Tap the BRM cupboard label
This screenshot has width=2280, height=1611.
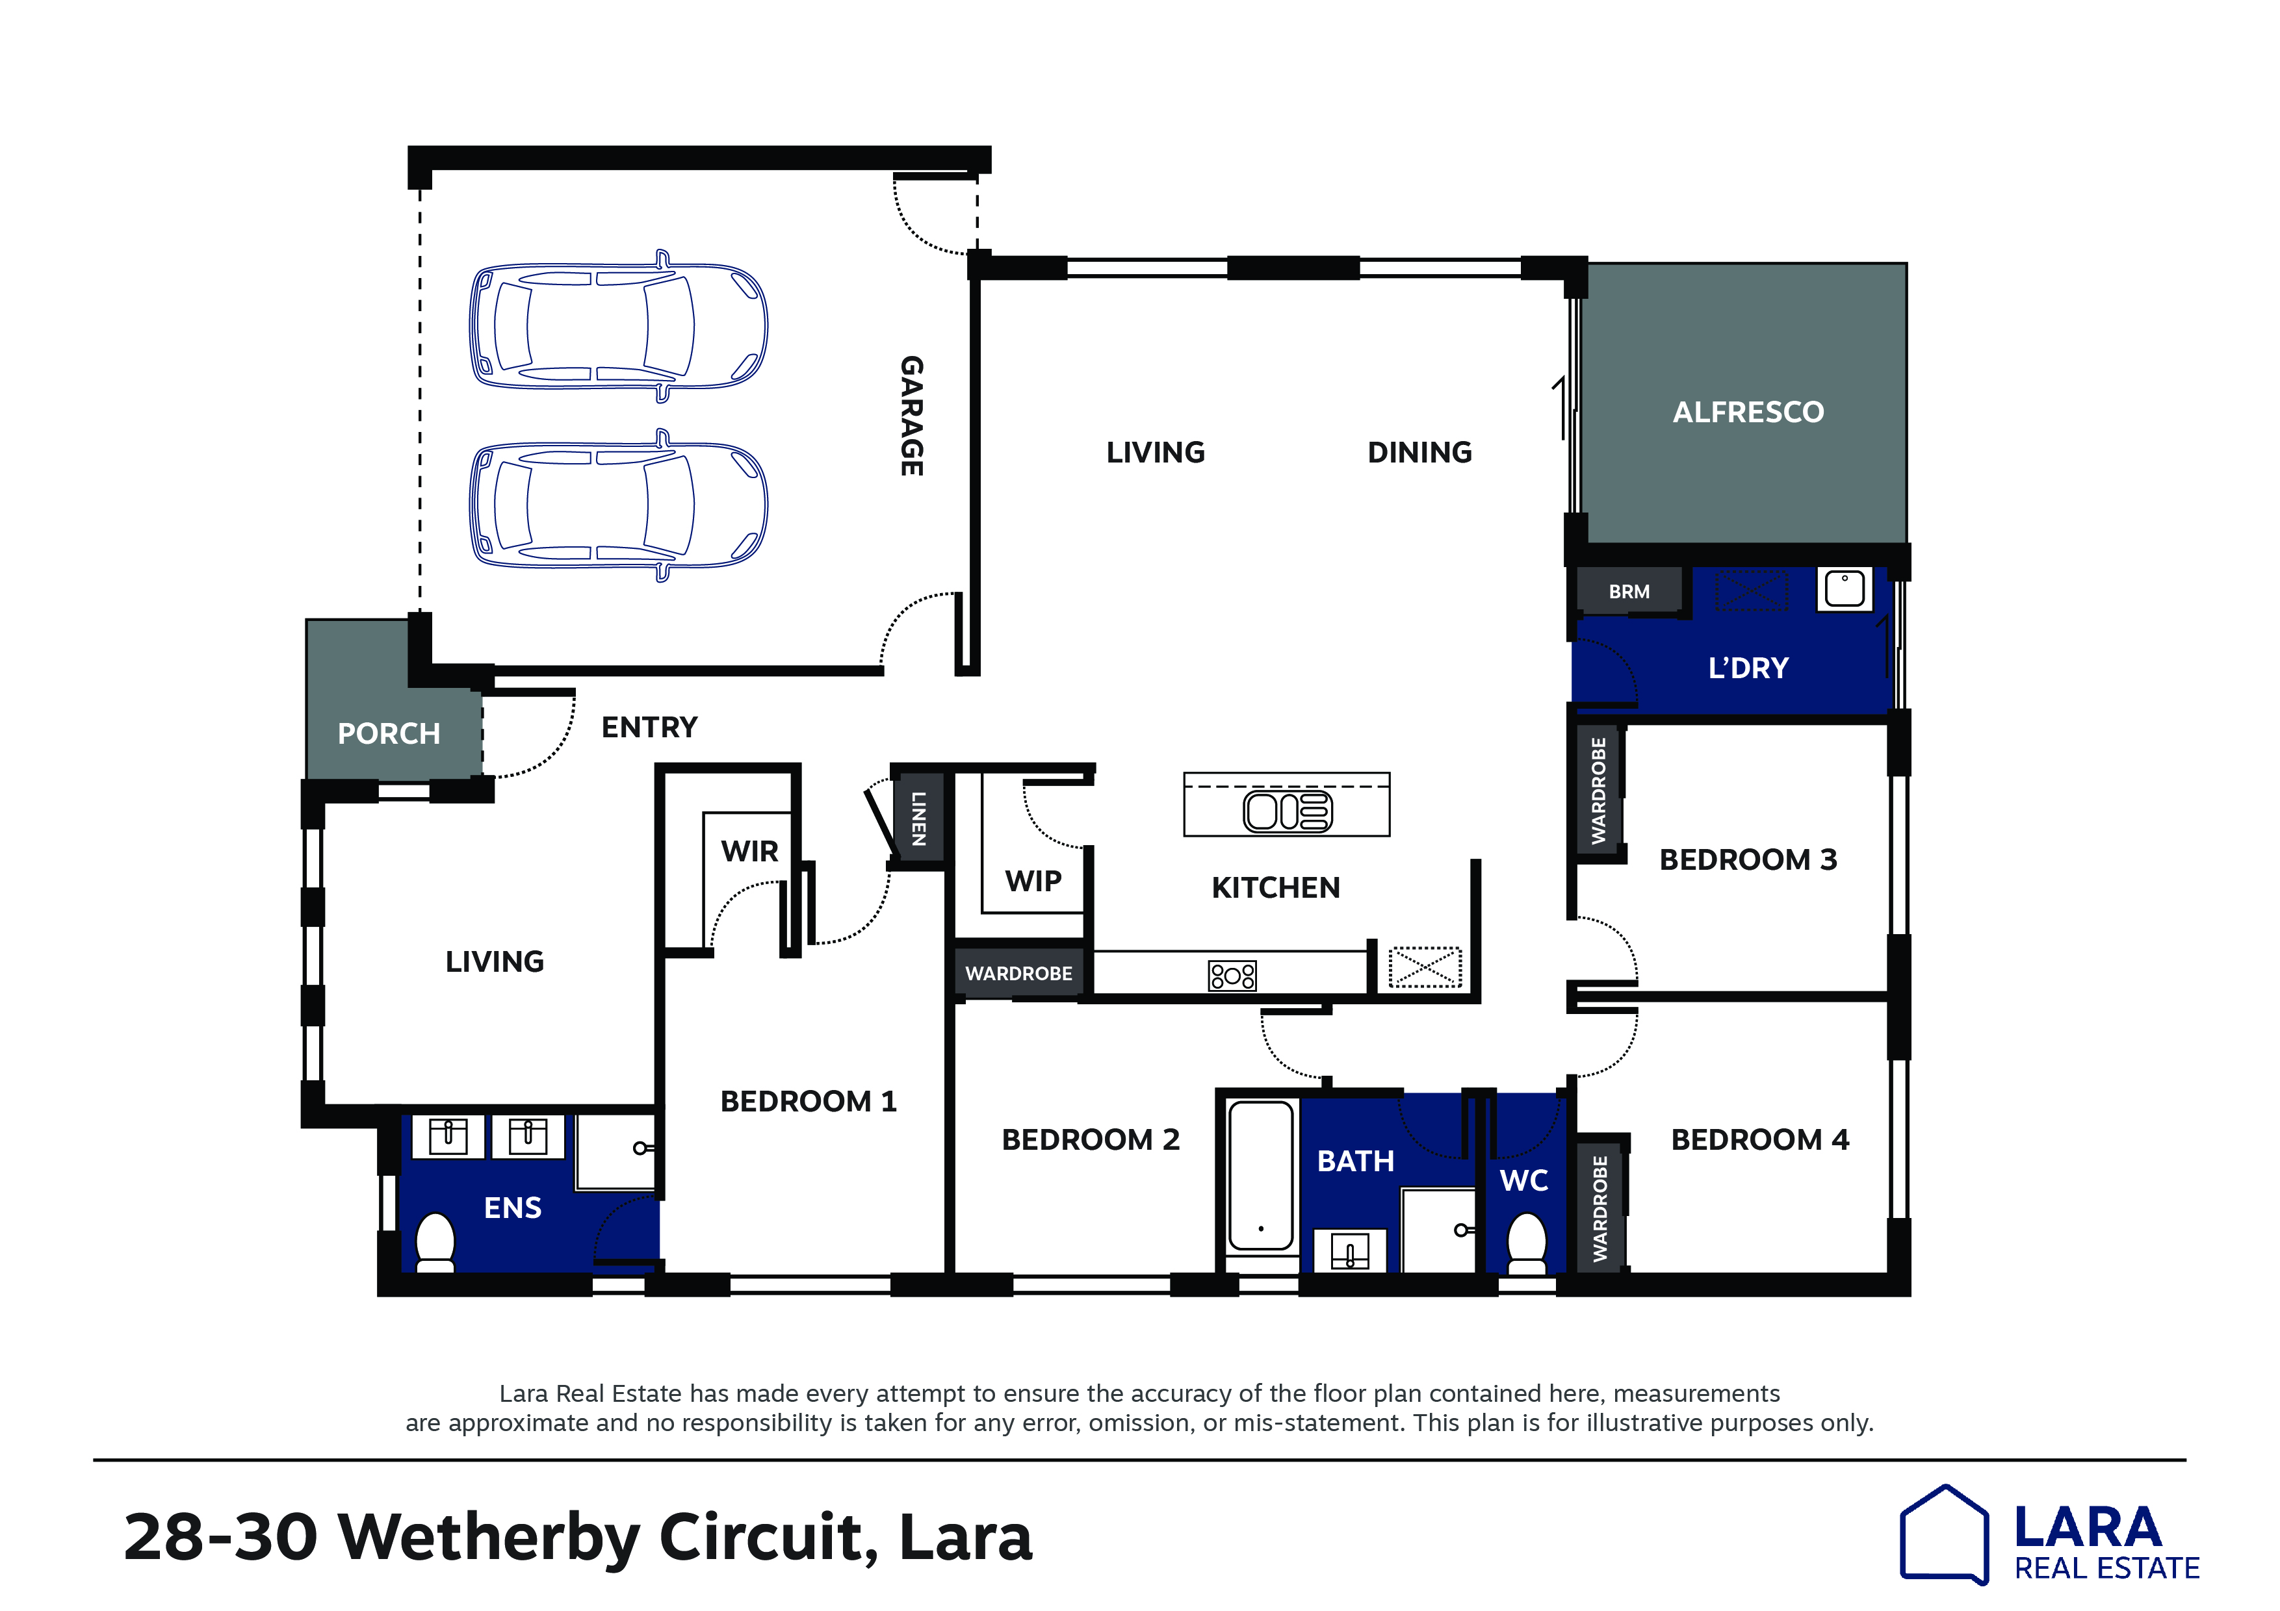click(1629, 592)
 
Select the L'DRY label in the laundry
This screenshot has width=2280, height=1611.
click(1748, 668)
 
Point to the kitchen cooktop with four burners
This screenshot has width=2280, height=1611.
click(1232, 975)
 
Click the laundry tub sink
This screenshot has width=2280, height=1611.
click(1844, 589)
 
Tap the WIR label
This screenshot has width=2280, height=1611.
click(750, 851)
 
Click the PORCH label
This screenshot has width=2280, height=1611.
click(388, 733)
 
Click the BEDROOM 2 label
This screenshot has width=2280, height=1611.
click(1091, 1139)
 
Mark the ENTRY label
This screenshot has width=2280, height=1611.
click(649, 728)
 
